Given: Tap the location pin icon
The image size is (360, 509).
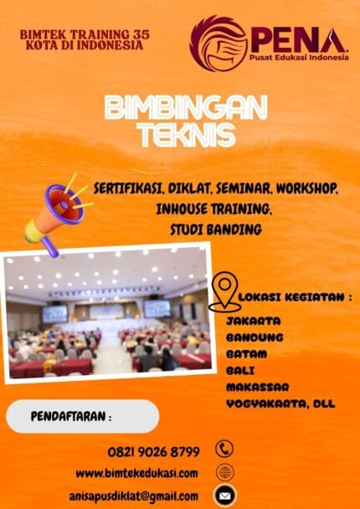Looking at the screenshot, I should click(224, 292).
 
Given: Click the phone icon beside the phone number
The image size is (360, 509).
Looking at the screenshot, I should click(224, 450).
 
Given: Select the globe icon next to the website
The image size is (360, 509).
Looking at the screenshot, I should click(224, 472).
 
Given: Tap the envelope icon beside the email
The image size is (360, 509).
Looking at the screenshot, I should click(224, 495).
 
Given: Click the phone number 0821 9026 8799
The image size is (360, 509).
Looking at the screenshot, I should click(153, 451).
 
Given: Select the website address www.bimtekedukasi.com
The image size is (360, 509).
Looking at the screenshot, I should click(137, 473).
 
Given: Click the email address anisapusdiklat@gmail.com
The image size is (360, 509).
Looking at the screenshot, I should click(134, 496).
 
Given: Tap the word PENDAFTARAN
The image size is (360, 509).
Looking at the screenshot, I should click(71, 416).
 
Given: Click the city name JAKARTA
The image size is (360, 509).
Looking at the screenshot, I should click(253, 321).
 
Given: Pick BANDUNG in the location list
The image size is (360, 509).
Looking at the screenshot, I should click(255, 337).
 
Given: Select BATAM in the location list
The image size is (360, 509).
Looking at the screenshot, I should click(246, 353).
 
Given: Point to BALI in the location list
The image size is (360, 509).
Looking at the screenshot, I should click(240, 369).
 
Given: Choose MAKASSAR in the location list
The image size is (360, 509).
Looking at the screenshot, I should click(258, 386).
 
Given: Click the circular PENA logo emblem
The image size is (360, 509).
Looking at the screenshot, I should click(219, 43).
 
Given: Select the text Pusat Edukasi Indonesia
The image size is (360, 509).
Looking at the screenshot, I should click(297, 58).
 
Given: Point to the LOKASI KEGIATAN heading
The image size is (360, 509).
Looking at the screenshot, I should click(296, 297).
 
